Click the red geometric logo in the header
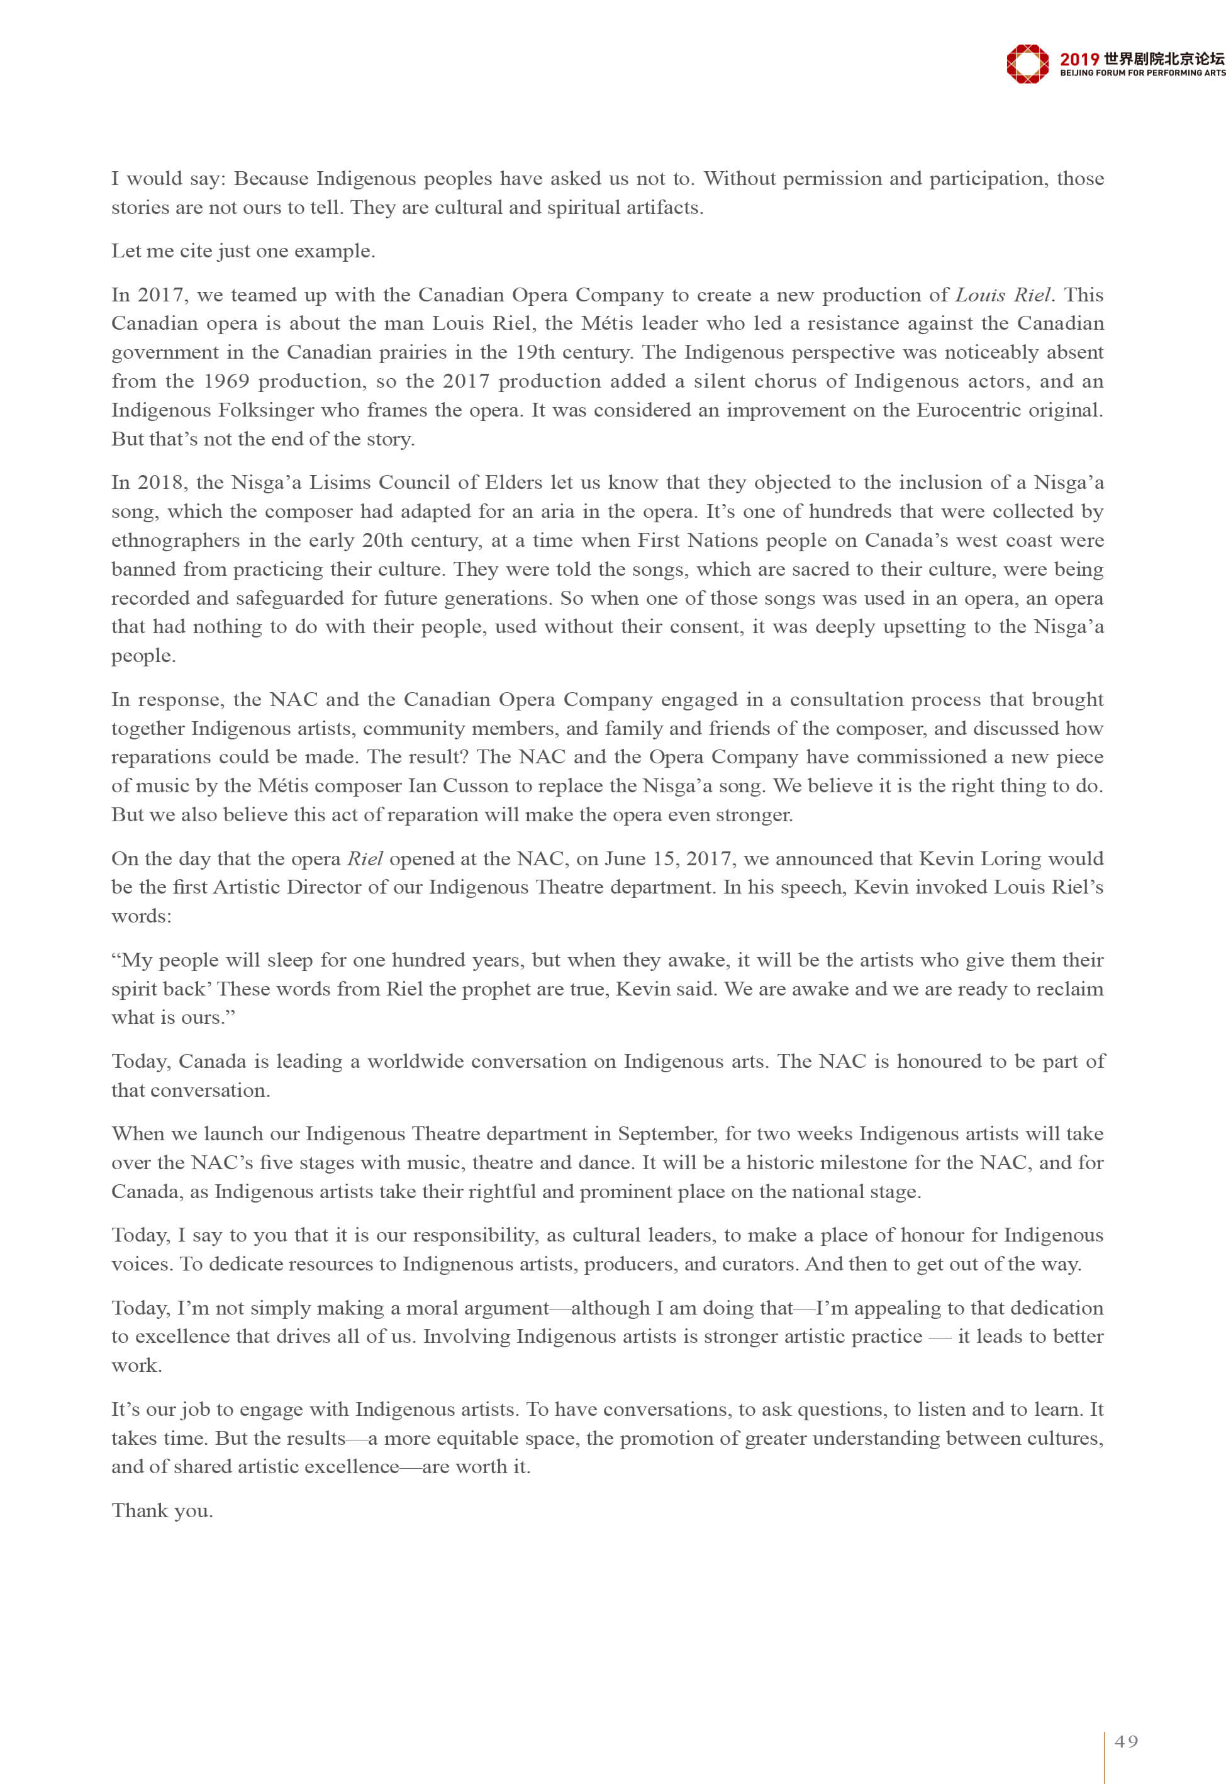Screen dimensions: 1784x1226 coord(1027,64)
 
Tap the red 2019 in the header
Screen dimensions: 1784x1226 coord(1079,59)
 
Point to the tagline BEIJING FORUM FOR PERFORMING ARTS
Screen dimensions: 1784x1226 coord(1142,73)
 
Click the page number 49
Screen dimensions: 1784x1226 coord(1126,1741)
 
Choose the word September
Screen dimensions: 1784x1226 coord(667,1134)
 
